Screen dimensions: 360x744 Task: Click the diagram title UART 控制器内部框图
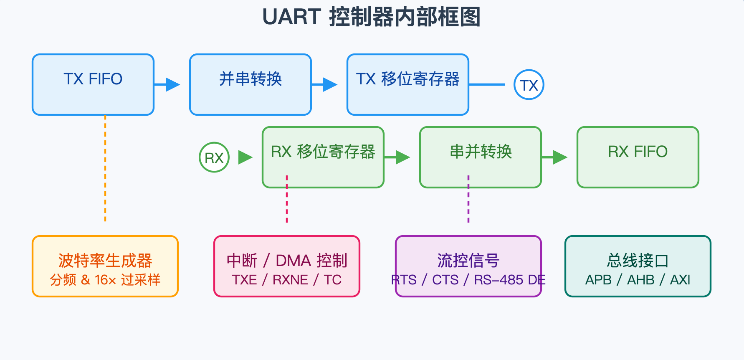372,18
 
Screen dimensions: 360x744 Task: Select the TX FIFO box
93,84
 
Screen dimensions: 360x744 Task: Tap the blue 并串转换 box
251,84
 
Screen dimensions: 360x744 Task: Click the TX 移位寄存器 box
407,84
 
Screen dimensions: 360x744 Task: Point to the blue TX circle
529,85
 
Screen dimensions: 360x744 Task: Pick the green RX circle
214,157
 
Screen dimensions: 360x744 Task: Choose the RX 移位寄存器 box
323,157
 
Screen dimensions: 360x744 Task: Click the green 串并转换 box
480,157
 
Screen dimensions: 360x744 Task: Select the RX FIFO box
638,157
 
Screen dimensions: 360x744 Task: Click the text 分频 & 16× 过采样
105,280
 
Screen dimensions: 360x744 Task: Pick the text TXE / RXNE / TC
287,280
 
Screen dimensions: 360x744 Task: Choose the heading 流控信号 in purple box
468,261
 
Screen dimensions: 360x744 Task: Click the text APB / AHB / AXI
638,280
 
